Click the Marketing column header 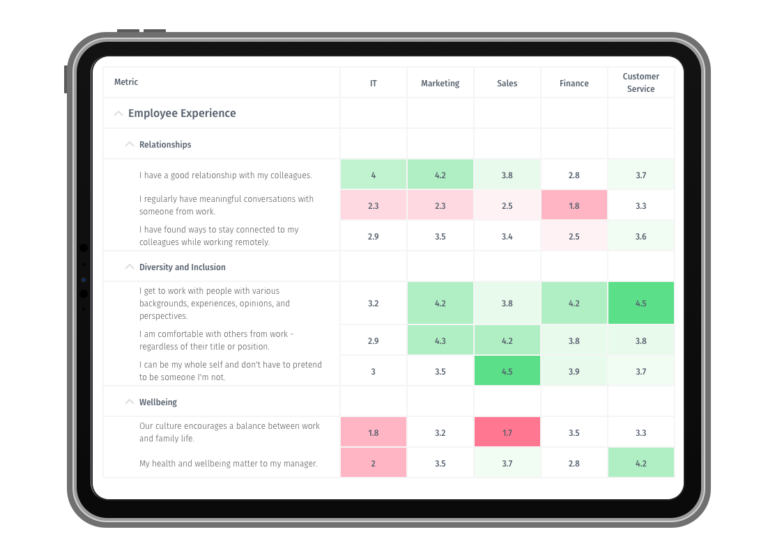pyautogui.click(x=440, y=84)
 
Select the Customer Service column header pyautogui.click(x=640, y=83)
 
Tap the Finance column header pyautogui.click(x=574, y=84)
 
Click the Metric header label pyautogui.click(x=126, y=82)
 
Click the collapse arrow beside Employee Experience pyautogui.click(x=118, y=113)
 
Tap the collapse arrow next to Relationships pyautogui.click(x=129, y=145)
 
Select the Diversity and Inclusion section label pyautogui.click(x=182, y=267)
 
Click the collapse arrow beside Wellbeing pyautogui.click(x=129, y=402)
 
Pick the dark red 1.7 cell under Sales pyautogui.click(x=507, y=432)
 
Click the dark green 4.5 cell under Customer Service pyautogui.click(x=640, y=303)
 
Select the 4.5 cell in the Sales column pyautogui.click(x=507, y=371)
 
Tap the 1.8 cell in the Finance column pyautogui.click(x=574, y=205)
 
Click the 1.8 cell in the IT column pyautogui.click(x=373, y=432)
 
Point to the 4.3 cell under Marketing pyautogui.click(x=440, y=340)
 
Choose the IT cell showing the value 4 pyautogui.click(x=373, y=175)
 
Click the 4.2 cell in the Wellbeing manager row pyautogui.click(x=640, y=463)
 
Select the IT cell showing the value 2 pyautogui.click(x=373, y=463)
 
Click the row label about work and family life pyautogui.click(x=229, y=432)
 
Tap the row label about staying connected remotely pyautogui.click(x=219, y=236)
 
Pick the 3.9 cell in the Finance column pyautogui.click(x=574, y=371)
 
